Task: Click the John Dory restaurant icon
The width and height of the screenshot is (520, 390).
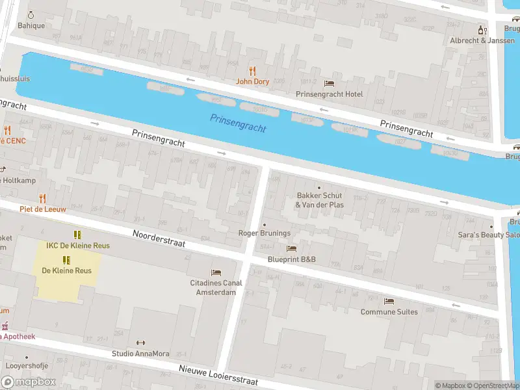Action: (253, 71)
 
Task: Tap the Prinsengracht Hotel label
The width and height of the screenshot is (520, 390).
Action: (329, 94)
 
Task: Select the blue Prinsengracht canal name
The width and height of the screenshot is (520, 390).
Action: (238, 123)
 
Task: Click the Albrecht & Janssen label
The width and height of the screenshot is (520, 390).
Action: (482, 40)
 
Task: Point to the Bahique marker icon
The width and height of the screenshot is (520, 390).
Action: (31, 15)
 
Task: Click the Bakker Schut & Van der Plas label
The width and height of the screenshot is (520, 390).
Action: (319, 200)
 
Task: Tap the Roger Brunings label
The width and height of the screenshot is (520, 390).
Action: (264, 233)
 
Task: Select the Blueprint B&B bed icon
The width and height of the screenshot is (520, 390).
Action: (291, 248)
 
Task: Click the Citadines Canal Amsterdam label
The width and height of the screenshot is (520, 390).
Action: (216, 287)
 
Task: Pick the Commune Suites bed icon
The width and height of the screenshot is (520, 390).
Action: (389, 301)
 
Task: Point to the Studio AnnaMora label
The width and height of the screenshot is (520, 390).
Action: (140, 354)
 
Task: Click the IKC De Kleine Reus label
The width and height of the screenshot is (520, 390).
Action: (77, 246)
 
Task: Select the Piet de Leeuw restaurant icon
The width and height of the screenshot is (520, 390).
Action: (43, 198)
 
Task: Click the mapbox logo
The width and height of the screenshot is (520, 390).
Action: (29, 382)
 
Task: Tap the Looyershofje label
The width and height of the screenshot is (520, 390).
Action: (27, 366)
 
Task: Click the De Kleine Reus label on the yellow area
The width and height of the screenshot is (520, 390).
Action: (66, 270)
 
